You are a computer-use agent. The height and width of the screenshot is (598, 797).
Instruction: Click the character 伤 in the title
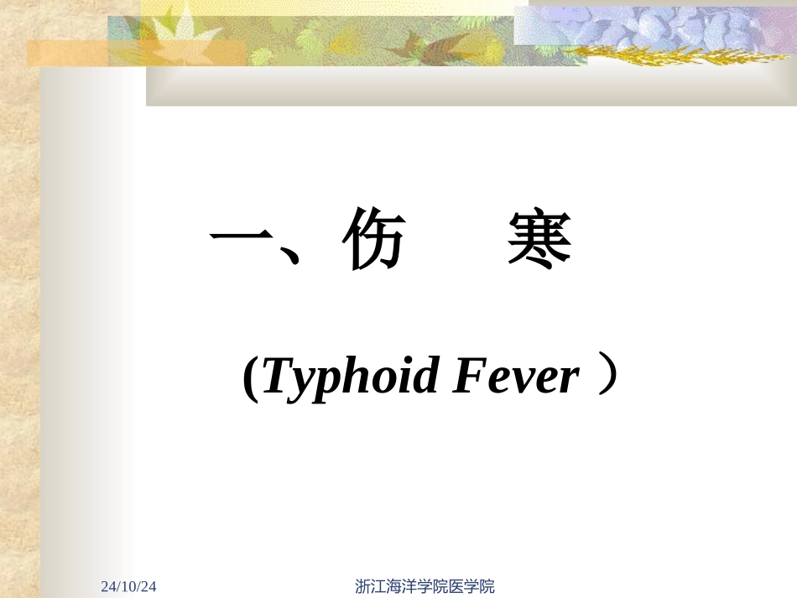374,241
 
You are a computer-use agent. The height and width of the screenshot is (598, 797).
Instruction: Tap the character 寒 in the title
539,241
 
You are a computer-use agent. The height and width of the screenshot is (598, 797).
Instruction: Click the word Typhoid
351,377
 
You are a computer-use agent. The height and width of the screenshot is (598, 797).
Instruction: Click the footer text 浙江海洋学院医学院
425,586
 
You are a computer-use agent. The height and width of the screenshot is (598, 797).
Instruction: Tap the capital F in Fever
468,375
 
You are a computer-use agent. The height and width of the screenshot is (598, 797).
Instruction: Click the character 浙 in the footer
362,586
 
